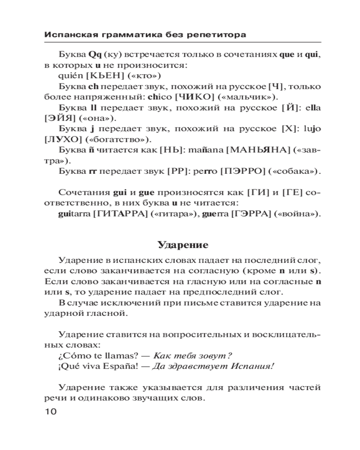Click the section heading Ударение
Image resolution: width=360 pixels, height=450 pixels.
tap(183, 245)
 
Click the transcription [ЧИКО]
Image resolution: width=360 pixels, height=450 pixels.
tap(191, 97)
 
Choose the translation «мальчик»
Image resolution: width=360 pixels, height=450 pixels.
tap(247, 97)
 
